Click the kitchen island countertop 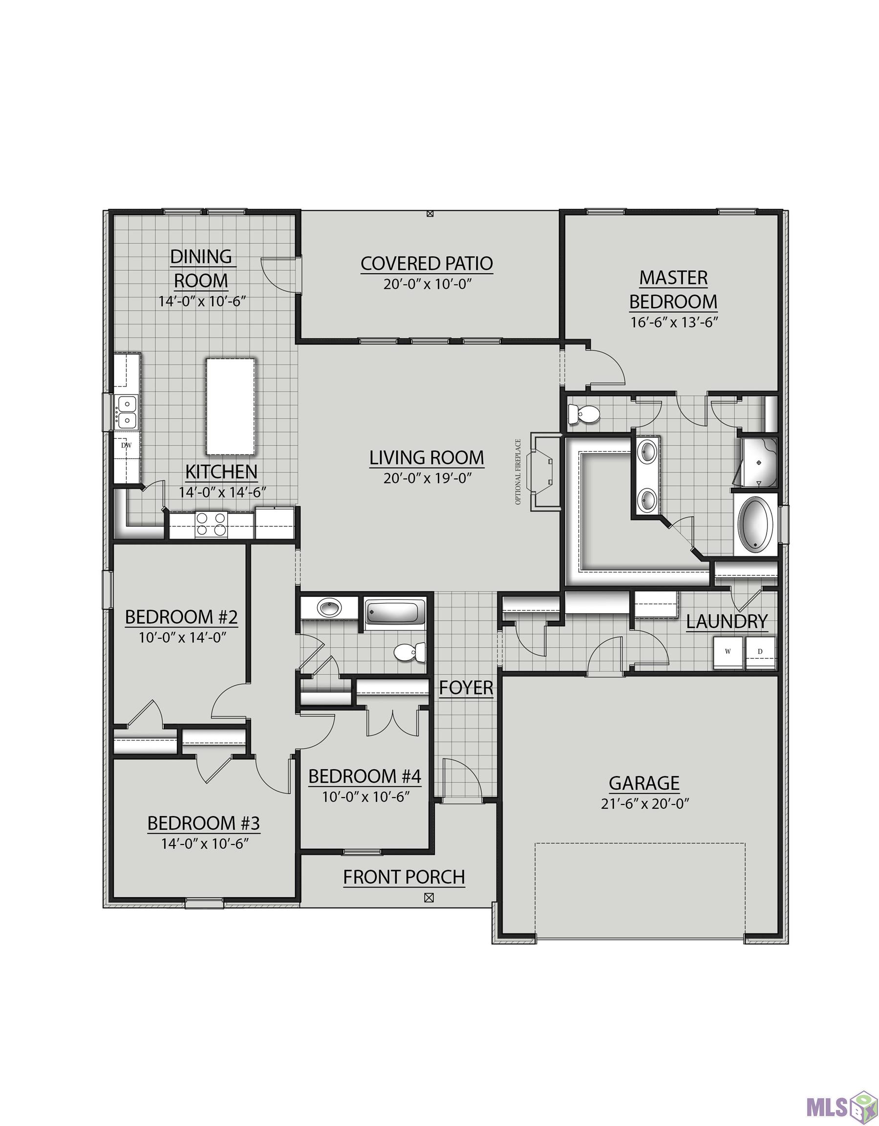[x=231, y=407]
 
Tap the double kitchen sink [x=126, y=412]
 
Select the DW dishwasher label [x=126, y=445]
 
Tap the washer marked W [x=728, y=651]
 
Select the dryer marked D [x=760, y=651]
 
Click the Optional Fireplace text [x=518, y=472]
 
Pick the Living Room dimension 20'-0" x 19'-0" [x=428, y=478]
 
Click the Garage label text [x=644, y=783]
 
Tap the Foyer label [x=466, y=688]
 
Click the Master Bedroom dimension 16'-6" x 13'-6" [x=674, y=322]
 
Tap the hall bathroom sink [x=329, y=607]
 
